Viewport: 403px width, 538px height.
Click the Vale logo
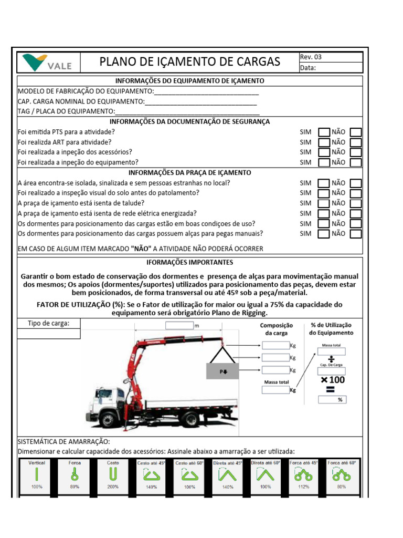[47, 62]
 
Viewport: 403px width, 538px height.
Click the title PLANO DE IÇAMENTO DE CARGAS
[190, 62]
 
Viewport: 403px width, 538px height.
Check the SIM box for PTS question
[324, 132]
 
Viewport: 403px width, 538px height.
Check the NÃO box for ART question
[356, 142]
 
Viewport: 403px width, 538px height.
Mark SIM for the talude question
[324, 203]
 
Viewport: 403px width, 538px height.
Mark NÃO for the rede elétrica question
[356, 213]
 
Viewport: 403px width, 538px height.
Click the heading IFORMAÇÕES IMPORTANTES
[189, 262]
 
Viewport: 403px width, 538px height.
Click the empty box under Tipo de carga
[49, 334]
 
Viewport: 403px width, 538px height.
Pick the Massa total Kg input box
[275, 390]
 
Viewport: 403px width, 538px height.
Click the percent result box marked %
[332, 400]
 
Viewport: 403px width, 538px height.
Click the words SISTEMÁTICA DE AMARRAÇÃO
[64, 442]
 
